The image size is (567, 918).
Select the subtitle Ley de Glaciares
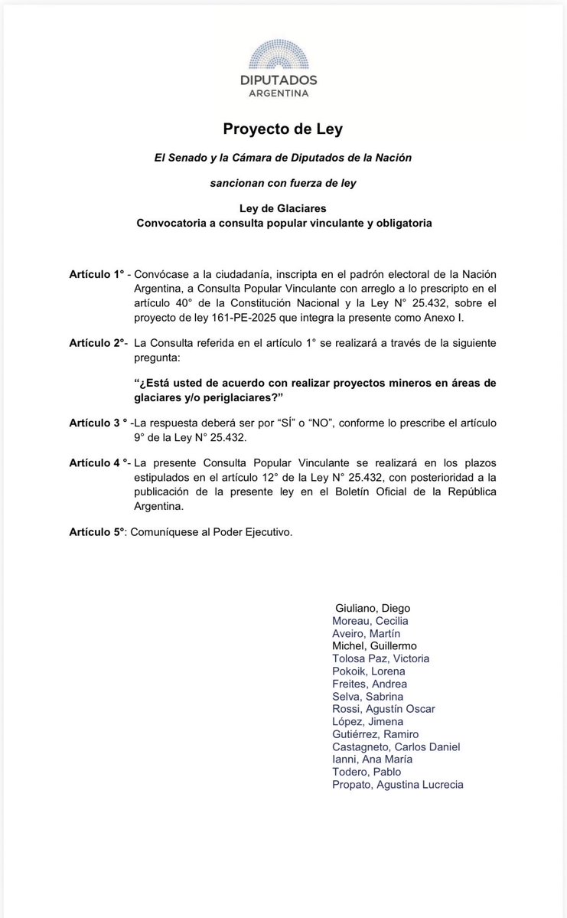click(x=283, y=210)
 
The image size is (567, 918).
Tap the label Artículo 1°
click(x=96, y=273)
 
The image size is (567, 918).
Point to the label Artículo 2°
click(x=96, y=343)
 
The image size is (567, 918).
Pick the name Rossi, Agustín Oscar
click(x=383, y=709)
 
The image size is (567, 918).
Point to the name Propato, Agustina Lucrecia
click(x=398, y=785)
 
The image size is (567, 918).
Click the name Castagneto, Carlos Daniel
click(x=396, y=746)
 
